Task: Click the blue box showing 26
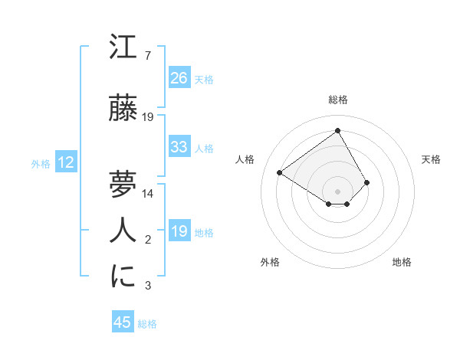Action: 179,78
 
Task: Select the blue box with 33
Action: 179,147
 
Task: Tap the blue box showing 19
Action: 179,231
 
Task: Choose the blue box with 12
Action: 66,162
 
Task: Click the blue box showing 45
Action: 123,322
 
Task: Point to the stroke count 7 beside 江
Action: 147,56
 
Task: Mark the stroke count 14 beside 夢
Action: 148,194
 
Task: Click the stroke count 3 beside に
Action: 147,286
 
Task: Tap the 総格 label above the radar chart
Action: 337,100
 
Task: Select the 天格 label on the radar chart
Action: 431,159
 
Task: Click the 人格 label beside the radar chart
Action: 245,159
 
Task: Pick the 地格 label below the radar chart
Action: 402,262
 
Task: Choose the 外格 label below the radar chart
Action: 270,262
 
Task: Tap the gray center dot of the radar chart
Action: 337,190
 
